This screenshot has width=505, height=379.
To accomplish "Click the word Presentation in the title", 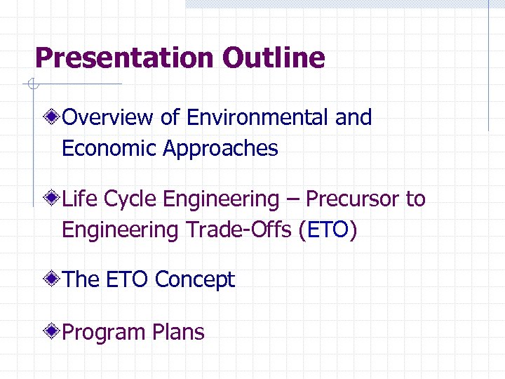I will [x=126, y=58].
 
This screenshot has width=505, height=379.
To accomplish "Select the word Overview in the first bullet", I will [x=109, y=118].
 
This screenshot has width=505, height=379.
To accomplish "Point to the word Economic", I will [x=109, y=149].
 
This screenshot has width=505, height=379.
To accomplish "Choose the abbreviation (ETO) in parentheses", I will [x=328, y=230].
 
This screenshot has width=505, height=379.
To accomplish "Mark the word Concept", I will [x=194, y=280].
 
